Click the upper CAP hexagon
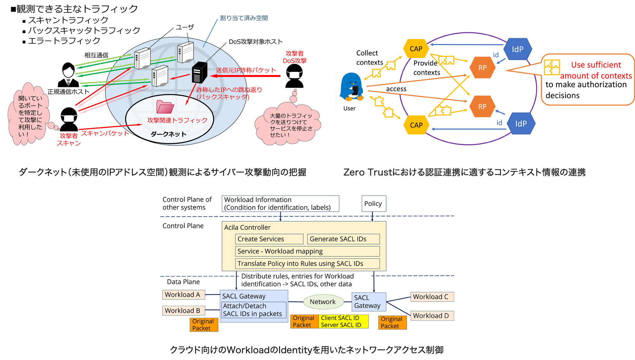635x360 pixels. coord(416,49)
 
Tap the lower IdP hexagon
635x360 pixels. coord(521,124)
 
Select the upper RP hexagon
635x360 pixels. coord(482,68)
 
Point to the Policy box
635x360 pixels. coord(373,204)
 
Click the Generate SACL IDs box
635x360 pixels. coord(343,239)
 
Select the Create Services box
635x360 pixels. coord(269,239)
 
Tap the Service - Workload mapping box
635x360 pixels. coord(307,251)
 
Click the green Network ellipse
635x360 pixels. coord(323,302)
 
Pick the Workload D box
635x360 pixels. coord(432,316)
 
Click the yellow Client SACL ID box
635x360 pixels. coord(343,321)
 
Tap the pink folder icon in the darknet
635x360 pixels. coord(165,107)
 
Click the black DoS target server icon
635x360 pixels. coord(200,72)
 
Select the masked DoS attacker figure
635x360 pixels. coord(294,76)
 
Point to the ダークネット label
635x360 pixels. coord(168,134)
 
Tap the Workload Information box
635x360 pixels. coord(280,204)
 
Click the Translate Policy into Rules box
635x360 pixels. coord(307,263)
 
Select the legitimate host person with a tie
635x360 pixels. coord(68,75)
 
